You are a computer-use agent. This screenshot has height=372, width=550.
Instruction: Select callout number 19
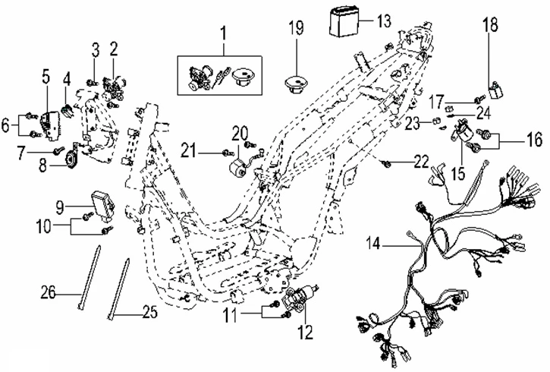[296, 30]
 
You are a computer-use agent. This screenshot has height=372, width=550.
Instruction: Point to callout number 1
[224, 33]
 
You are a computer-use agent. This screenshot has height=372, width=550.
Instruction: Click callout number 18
[491, 25]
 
